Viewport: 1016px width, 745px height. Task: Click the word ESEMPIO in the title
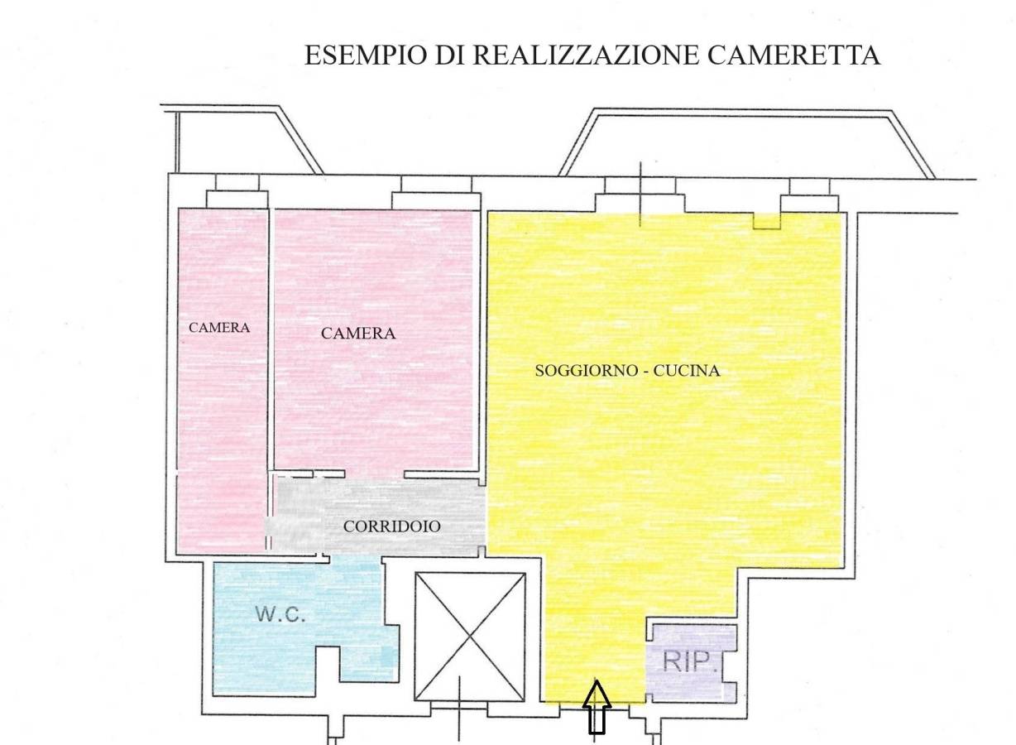[x=366, y=55]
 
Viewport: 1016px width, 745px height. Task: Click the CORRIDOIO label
[x=392, y=526]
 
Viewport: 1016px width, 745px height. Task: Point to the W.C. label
[x=280, y=614]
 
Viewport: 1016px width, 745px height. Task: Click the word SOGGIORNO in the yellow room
[x=587, y=371]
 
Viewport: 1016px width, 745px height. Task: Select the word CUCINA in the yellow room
[x=687, y=371]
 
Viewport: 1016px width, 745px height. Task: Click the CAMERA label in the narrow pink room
[x=219, y=328]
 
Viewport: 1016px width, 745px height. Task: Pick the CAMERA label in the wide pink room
[x=358, y=334]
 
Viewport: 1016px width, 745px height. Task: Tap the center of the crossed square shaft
[x=470, y=637]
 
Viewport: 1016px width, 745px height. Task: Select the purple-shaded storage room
[x=689, y=664]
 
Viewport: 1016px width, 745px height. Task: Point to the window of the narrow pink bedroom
[x=237, y=191]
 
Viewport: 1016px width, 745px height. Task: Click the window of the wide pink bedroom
[x=436, y=193]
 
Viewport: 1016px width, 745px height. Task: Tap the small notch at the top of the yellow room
[x=766, y=221]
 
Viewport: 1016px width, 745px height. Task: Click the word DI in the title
[x=450, y=55]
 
